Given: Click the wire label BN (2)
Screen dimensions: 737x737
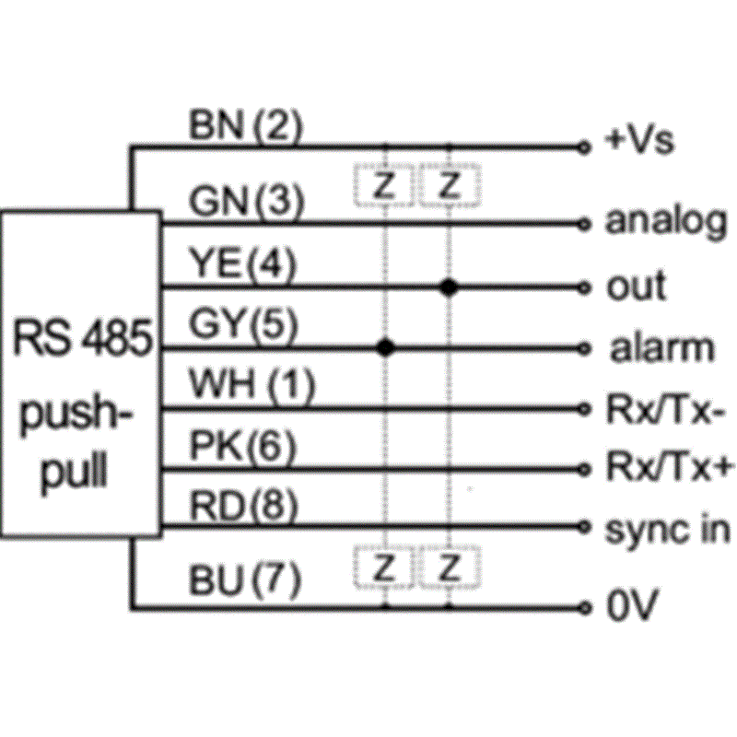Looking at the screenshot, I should [245, 126].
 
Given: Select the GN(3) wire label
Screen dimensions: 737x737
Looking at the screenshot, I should [245, 200].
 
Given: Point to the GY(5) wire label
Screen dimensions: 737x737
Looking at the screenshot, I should [243, 324].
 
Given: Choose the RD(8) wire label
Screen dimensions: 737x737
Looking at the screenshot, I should [243, 506].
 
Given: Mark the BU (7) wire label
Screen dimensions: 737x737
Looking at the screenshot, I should [245, 579].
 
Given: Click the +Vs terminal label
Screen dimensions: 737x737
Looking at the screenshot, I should [639, 141].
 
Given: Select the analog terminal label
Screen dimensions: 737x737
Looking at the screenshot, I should [665, 222].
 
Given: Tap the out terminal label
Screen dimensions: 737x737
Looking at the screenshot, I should [636, 287].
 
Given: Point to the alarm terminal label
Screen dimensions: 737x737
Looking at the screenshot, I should [660, 348].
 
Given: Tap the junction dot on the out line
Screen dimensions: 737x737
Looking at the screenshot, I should [449, 287].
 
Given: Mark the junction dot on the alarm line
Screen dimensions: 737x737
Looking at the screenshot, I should [386, 347].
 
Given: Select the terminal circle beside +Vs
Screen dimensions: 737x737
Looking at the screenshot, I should [582, 146].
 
